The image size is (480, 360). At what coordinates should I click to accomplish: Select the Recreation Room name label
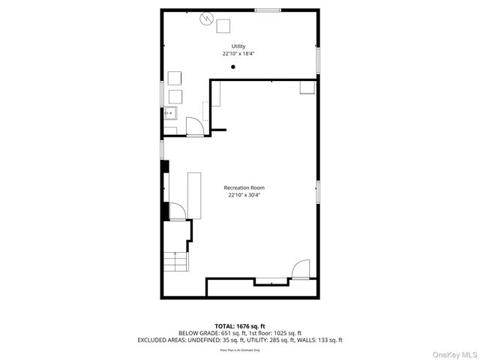tap(244, 187)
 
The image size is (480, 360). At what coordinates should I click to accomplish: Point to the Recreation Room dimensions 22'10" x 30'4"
tap(244, 195)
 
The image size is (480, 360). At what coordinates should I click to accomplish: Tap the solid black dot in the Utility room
tap(233, 67)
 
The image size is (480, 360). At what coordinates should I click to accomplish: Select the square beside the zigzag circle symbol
tap(223, 26)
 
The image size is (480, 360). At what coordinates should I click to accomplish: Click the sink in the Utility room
tap(170, 114)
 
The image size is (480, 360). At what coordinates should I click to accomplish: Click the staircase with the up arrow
tap(177, 262)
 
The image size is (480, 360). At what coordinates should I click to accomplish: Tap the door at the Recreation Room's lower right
tap(300, 269)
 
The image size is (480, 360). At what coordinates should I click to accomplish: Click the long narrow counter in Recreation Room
tap(194, 195)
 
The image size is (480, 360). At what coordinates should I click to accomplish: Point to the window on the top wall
tap(268, 10)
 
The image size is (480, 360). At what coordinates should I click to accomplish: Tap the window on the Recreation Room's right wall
tap(318, 191)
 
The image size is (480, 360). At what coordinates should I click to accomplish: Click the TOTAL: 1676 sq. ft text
tap(239, 326)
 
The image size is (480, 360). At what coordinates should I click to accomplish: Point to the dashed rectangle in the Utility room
tap(206, 112)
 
